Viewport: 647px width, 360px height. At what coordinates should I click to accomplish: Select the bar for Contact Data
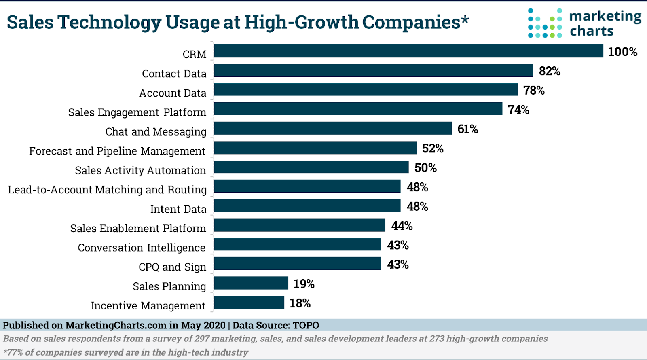374,70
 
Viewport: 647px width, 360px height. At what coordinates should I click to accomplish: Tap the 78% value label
534,90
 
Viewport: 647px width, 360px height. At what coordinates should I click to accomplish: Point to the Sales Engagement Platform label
137,112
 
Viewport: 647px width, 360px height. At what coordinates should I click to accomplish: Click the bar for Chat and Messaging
333,129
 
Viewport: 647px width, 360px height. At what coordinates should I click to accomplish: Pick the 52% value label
433,148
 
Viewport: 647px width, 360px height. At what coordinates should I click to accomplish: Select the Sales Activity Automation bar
311,167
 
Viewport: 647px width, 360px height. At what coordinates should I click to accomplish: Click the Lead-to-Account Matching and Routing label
107,190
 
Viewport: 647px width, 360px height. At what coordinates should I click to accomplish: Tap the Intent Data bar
307,206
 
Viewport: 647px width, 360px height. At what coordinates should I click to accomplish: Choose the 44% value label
402,226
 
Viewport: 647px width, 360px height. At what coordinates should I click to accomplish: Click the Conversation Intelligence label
142,248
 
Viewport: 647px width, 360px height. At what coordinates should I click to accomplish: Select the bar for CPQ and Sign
297,264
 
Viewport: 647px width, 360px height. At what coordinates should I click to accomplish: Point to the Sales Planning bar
251,283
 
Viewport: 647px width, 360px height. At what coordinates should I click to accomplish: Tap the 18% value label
300,303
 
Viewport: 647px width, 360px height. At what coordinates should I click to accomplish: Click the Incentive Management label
148,306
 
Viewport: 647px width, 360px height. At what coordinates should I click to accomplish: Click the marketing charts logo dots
545,23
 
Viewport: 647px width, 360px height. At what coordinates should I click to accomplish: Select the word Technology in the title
109,23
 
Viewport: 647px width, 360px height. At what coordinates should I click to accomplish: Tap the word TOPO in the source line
306,325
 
